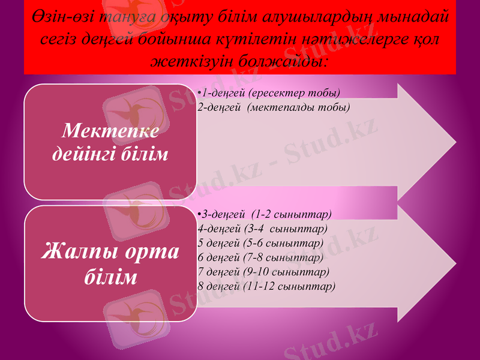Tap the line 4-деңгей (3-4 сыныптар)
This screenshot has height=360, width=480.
coord(262,229)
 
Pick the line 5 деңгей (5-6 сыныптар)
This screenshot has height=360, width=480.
coord(260,243)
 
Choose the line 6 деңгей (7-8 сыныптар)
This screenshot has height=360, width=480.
coord(260,257)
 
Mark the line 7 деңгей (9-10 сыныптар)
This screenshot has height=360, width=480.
coord(263,271)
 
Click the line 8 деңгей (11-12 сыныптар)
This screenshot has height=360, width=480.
coord(266,286)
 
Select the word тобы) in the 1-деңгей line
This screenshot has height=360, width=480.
coord(325,93)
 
